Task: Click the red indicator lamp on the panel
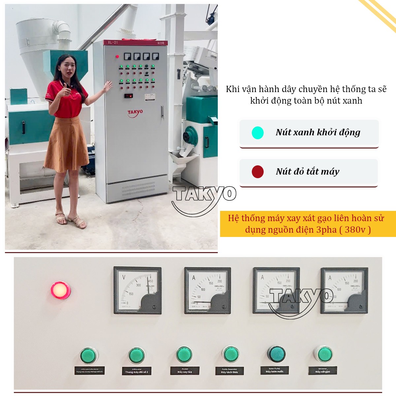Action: pyautogui.click(x=60, y=290)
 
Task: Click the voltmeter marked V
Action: pyautogui.click(x=137, y=290)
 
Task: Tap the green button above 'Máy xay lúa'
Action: pyautogui.click(x=184, y=355)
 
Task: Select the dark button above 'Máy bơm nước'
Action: pyautogui.click(x=276, y=354)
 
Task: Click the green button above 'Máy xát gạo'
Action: pyautogui.click(x=322, y=354)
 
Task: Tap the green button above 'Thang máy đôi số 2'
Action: pyautogui.click(x=136, y=356)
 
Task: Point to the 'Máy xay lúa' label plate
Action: pyautogui.click(x=185, y=371)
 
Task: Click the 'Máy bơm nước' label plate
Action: pyautogui.click(x=275, y=370)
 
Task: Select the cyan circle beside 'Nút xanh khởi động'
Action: pyautogui.click(x=258, y=133)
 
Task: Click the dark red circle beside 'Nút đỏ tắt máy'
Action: pyautogui.click(x=257, y=172)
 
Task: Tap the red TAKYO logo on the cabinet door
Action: pyautogui.click(x=135, y=113)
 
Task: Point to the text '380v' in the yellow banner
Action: pyautogui.click(x=355, y=230)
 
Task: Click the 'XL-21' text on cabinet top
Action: pyautogui.click(x=113, y=43)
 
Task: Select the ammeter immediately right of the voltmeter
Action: pyautogui.click(x=207, y=290)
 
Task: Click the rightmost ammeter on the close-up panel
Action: pyautogui.click(x=344, y=290)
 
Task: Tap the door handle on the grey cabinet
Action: pyautogui.click(x=162, y=112)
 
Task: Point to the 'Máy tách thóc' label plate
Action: pyautogui.click(x=230, y=371)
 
